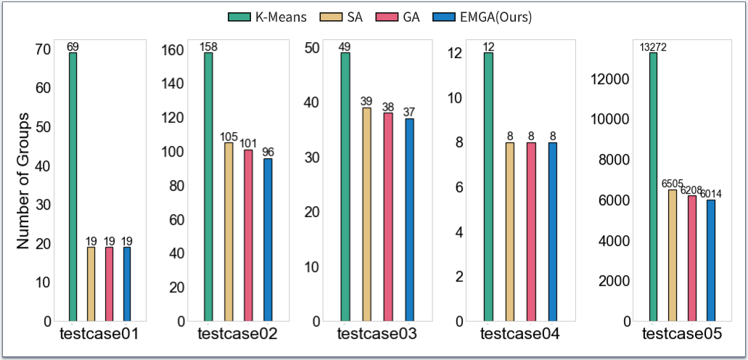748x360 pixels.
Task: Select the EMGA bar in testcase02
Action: pyautogui.click(x=268, y=240)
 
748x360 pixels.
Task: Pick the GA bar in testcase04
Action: pyautogui.click(x=531, y=232)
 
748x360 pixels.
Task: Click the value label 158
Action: pyautogui.click(x=209, y=47)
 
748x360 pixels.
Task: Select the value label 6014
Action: pyautogui.click(x=710, y=194)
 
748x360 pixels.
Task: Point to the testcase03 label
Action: pyautogui.click(x=377, y=335)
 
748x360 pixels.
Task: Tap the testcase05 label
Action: pyautogui.click(x=682, y=335)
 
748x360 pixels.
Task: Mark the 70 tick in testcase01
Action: pyautogui.click(x=43, y=50)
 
